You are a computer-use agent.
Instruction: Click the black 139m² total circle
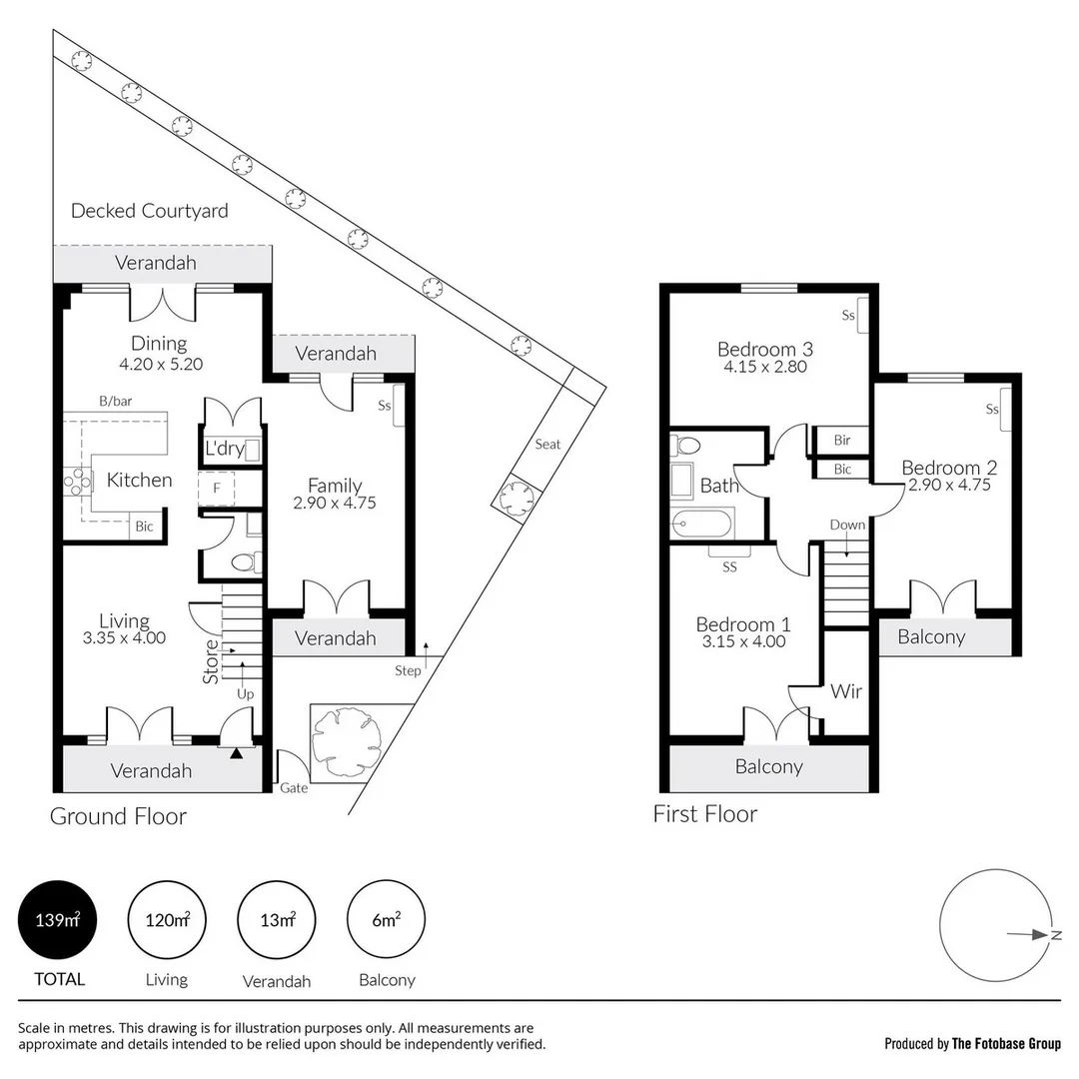(57, 920)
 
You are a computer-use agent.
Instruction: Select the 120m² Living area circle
(167, 920)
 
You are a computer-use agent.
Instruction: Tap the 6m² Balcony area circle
(386, 920)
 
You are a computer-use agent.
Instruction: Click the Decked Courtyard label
(149, 211)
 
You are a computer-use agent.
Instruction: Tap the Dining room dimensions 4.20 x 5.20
(161, 365)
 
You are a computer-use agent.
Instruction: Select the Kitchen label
(139, 480)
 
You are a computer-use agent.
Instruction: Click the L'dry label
(223, 449)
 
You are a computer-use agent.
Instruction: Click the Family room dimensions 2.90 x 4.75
(335, 504)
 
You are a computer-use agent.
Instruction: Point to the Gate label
(294, 787)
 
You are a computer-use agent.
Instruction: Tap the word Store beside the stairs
(211, 661)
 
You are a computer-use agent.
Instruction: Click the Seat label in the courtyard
(547, 444)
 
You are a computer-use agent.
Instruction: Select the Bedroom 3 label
(765, 349)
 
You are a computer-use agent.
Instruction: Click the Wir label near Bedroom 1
(846, 691)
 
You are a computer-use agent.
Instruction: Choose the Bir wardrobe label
(842, 440)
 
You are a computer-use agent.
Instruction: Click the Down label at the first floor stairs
(847, 525)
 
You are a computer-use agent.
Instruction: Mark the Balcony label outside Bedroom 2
(931, 636)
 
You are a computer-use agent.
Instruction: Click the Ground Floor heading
(118, 816)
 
